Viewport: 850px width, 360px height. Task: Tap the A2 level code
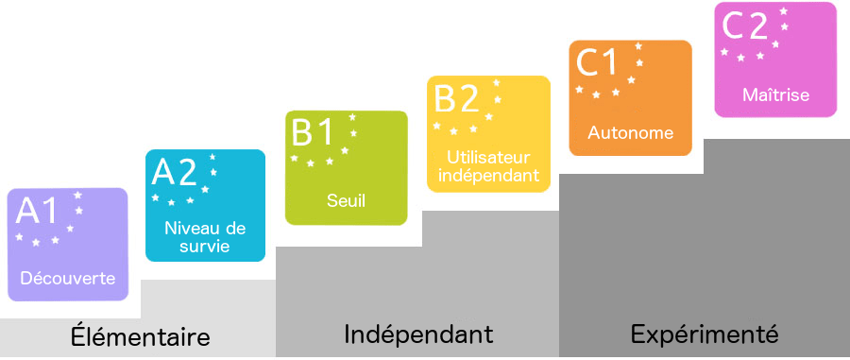(174, 172)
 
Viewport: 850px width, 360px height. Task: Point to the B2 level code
(457, 98)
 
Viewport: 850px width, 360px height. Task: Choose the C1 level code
(597, 62)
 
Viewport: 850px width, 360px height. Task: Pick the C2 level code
(744, 26)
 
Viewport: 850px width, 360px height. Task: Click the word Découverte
(68, 279)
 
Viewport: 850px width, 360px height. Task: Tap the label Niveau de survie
(205, 237)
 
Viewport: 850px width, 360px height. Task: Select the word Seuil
(346, 200)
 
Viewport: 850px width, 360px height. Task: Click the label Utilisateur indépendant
(488, 165)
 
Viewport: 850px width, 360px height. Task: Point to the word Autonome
(631, 132)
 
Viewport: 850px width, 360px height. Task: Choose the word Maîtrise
(775, 94)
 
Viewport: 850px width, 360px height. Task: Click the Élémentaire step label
(140, 336)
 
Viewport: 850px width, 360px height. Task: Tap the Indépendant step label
(418, 334)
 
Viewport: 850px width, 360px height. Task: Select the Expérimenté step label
(705, 334)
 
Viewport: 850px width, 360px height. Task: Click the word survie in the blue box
(204, 248)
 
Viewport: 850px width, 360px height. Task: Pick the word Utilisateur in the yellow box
(488, 157)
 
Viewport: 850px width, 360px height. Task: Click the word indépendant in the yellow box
(488, 175)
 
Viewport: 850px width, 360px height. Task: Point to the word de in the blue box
(236, 228)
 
